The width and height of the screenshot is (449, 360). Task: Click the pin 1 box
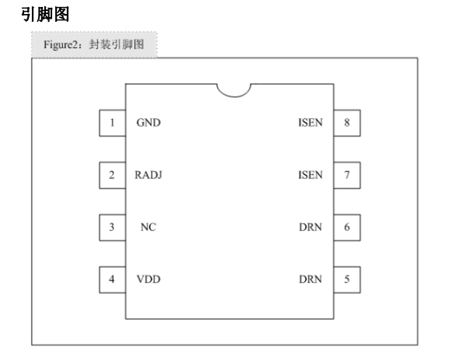pyautogui.click(x=112, y=123)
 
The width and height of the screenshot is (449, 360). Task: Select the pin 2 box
pyautogui.click(x=112, y=175)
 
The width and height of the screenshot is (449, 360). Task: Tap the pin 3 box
pyautogui.click(x=112, y=228)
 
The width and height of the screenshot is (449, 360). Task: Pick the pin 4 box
pyautogui.click(x=112, y=280)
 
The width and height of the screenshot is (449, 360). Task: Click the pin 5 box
pyautogui.click(x=347, y=280)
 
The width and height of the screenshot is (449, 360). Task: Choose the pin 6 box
pyautogui.click(x=347, y=228)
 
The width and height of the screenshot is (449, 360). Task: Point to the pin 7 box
pyautogui.click(x=347, y=175)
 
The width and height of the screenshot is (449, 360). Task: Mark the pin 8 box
pyautogui.click(x=347, y=123)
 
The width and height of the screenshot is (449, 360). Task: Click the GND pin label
pyautogui.click(x=149, y=123)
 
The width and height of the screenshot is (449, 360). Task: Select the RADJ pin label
pyautogui.click(x=149, y=175)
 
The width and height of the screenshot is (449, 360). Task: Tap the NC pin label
pyautogui.click(x=149, y=227)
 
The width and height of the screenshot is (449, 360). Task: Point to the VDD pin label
pyautogui.click(x=149, y=279)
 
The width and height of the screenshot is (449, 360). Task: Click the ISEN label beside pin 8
pyautogui.click(x=310, y=123)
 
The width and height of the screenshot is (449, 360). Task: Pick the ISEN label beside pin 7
pyautogui.click(x=310, y=175)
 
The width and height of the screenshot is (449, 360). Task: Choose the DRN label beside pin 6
pyautogui.click(x=310, y=227)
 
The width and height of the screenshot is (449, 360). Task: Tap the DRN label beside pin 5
pyautogui.click(x=310, y=279)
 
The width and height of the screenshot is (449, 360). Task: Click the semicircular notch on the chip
pyautogui.click(x=234, y=96)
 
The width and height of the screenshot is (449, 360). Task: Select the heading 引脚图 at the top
pyautogui.click(x=45, y=14)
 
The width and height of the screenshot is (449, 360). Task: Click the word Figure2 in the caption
pyautogui.click(x=61, y=45)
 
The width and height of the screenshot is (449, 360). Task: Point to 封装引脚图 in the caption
pyautogui.click(x=116, y=44)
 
